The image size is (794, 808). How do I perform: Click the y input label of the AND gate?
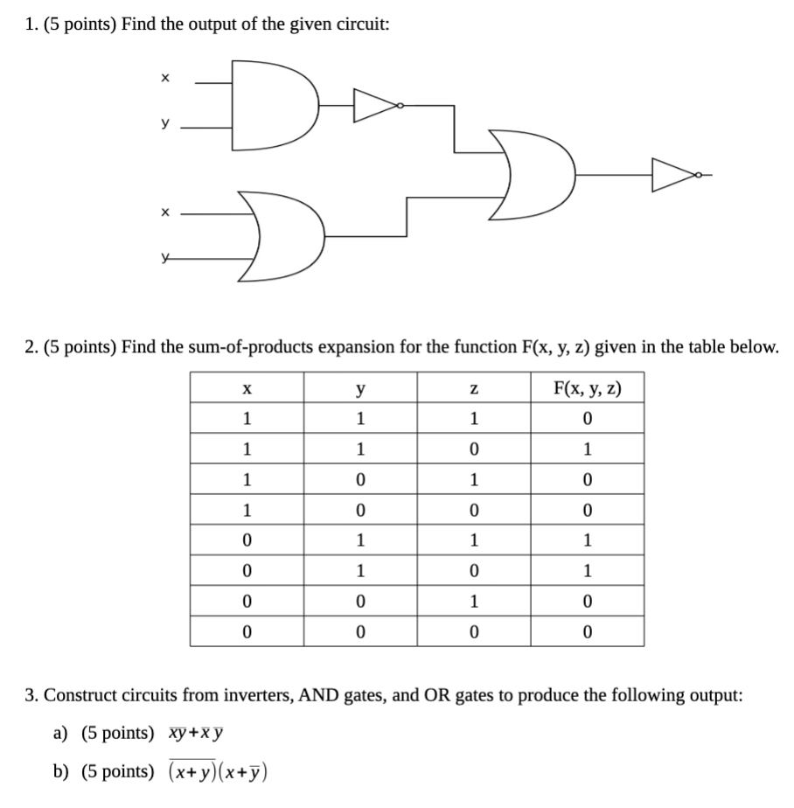point(164,124)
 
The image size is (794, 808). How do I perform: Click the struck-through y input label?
point(164,258)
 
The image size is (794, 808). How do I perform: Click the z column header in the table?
point(473,387)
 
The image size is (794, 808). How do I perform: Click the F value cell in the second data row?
point(587,449)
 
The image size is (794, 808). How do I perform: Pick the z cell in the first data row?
point(473,419)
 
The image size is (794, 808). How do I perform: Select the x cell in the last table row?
point(247,632)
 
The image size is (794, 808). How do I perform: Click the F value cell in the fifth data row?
point(587,540)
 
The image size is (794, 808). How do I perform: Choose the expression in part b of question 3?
point(218,771)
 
